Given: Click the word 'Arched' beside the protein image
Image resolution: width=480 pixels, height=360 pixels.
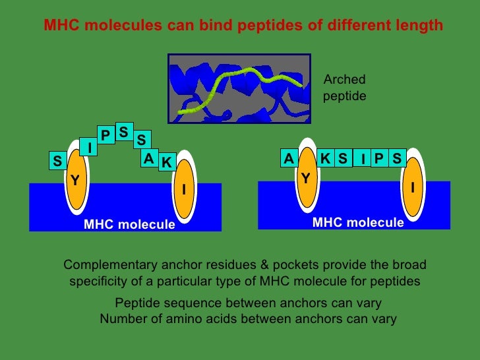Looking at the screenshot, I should click(344, 80).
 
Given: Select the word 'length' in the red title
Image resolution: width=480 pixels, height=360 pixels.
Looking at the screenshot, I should click(421, 26).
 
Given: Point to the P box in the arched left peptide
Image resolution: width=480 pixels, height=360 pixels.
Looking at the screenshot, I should click(105, 135).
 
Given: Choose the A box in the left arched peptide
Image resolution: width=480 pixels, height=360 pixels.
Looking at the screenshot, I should click(149, 159).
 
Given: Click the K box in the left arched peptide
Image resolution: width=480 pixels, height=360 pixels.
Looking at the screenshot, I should click(166, 162).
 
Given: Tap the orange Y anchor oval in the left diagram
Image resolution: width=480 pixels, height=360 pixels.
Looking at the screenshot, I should click(76, 179).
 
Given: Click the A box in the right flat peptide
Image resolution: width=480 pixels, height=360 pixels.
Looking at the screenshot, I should click(288, 159).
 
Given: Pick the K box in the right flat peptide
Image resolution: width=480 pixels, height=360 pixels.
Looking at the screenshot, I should click(325, 159).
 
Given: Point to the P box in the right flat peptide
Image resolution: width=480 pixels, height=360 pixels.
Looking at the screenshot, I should click(378, 159).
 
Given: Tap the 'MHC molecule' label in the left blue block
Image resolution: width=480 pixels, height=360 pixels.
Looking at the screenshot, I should click(129, 225).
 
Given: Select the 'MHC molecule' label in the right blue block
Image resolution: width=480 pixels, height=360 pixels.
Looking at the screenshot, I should click(358, 223).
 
